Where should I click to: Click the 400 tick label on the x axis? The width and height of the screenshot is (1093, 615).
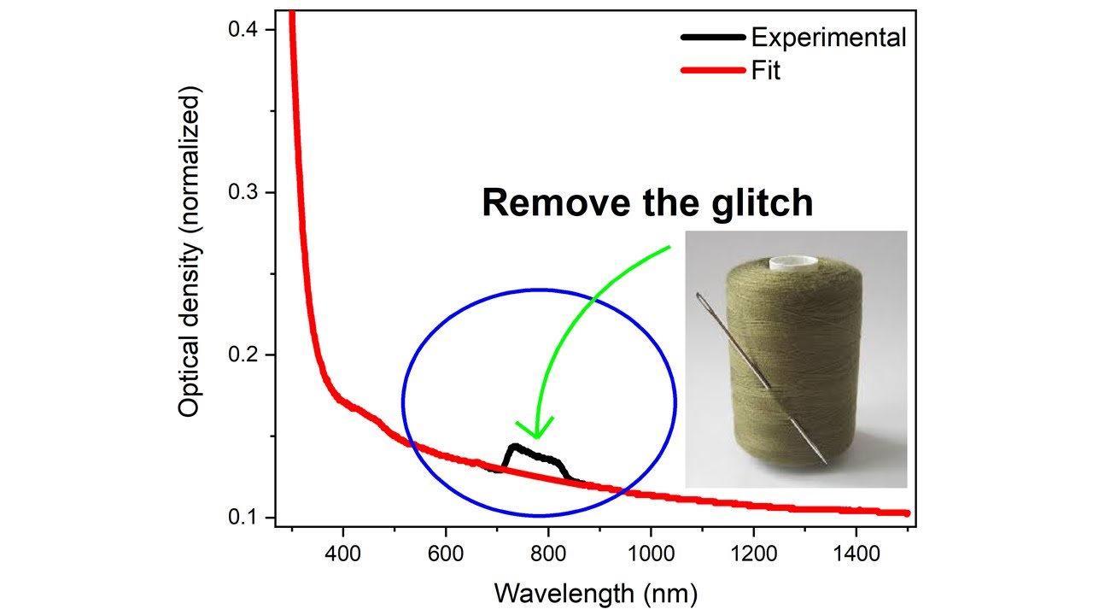click(343, 554)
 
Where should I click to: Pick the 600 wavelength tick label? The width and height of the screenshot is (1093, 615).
click(446, 554)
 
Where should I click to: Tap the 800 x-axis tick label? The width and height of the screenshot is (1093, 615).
click(548, 554)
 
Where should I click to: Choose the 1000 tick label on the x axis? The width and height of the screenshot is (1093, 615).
click(651, 554)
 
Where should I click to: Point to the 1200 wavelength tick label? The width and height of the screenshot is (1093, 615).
click(754, 554)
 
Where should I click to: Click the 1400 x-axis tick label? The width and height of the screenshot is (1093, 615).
click(856, 554)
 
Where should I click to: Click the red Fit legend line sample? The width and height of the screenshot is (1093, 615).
click(713, 71)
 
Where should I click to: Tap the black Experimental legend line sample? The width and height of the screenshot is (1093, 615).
click(713, 37)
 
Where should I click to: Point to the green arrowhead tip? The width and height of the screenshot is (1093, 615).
click(537, 438)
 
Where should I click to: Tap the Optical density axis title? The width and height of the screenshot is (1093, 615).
click(190, 251)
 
